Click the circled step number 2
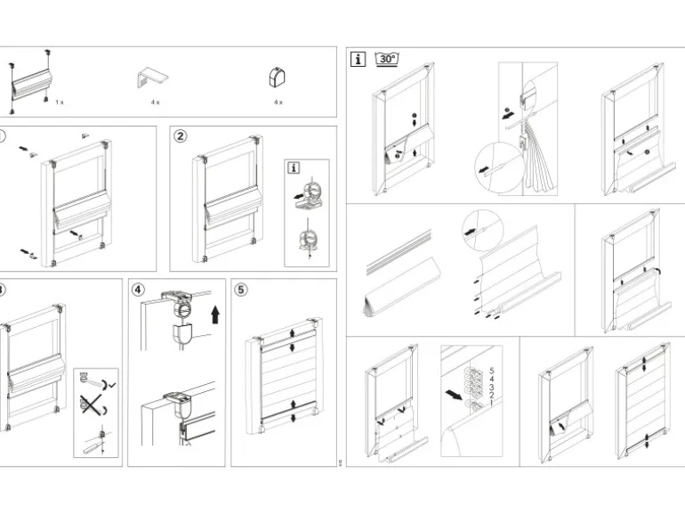[181, 136]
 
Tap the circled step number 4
[138, 290]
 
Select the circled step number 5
[242, 290]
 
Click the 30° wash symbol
[387, 59]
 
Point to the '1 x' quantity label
[60, 102]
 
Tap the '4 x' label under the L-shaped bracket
[155, 102]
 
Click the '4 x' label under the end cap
[278, 102]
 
